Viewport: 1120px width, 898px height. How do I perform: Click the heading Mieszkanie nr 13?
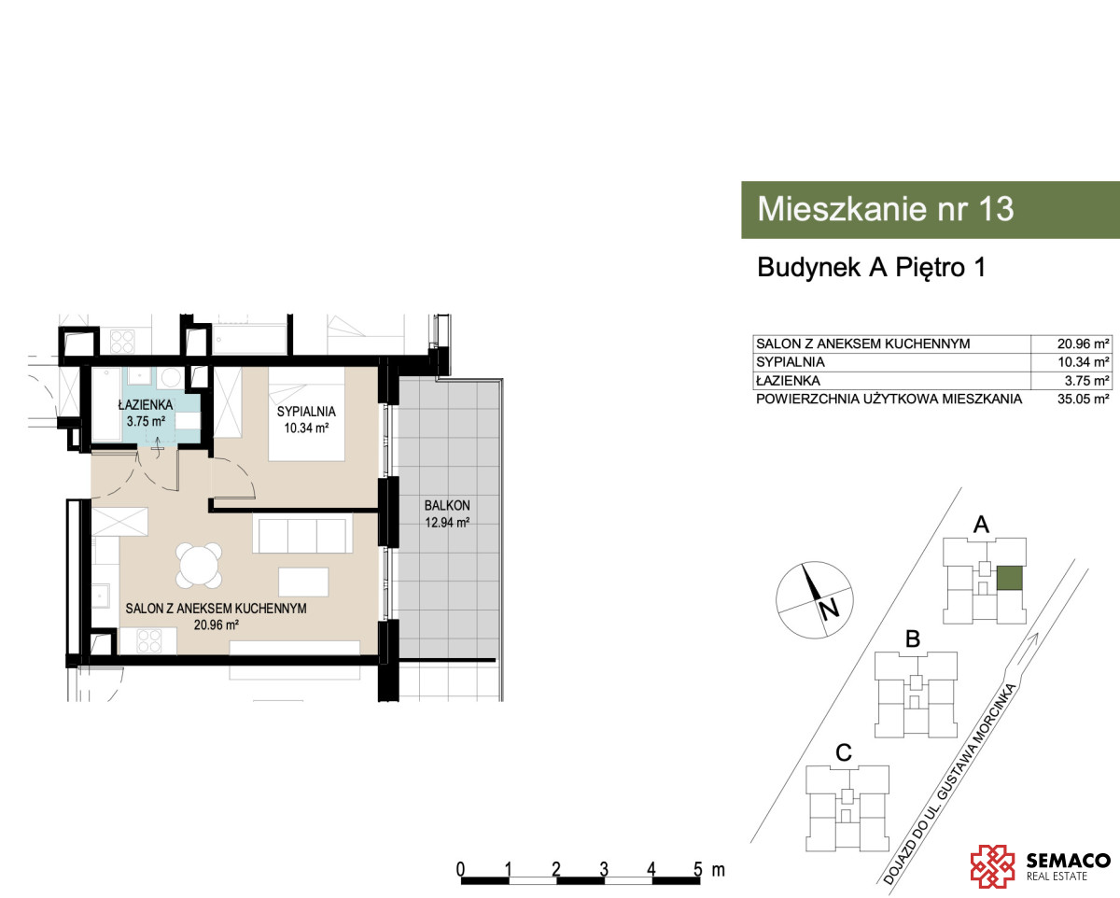(886, 209)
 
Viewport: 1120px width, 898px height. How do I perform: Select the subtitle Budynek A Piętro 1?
(871, 268)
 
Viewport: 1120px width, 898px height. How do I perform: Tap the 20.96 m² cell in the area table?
(1083, 344)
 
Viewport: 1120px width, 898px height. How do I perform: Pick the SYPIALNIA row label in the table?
(790, 362)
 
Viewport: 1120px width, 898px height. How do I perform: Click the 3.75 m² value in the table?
(1086, 381)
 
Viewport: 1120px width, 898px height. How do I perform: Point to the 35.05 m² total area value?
(1083, 399)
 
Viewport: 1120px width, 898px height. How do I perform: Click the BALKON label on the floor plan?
(446, 506)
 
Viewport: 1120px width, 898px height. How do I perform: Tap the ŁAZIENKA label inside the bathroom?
(146, 404)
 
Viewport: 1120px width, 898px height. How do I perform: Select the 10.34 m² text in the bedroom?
(306, 428)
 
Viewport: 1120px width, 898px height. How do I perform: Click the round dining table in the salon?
(199, 566)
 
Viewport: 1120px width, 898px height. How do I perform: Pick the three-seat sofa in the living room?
(302, 533)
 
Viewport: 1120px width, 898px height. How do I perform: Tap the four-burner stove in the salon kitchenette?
(148, 641)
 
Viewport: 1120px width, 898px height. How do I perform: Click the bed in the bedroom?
(306, 414)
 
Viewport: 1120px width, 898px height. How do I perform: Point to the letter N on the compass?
(829, 609)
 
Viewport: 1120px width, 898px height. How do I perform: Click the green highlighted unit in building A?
(1009, 579)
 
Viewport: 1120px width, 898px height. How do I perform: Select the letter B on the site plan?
(913, 639)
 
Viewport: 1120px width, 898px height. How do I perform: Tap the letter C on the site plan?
(843, 752)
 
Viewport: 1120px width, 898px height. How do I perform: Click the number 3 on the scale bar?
(604, 869)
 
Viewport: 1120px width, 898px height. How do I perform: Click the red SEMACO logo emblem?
(992, 866)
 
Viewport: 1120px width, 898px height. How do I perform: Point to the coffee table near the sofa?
(303, 582)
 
